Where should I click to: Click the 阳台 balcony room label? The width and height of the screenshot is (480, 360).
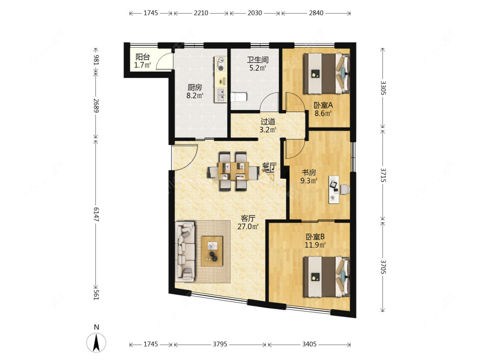click(x=143, y=57)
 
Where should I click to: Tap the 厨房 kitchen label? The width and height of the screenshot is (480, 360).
click(x=195, y=87)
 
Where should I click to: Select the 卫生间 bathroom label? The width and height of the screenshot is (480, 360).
click(x=258, y=60)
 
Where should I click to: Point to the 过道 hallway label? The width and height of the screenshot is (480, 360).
click(x=268, y=122)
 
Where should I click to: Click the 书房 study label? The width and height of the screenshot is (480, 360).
click(x=308, y=173)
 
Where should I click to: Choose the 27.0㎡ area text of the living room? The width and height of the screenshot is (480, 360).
click(x=248, y=226)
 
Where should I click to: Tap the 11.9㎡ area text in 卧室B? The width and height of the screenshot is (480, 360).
click(x=315, y=245)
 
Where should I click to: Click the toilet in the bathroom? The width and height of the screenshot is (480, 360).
click(x=239, y=97)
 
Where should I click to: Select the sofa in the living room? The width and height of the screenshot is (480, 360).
click(x=185, y=252)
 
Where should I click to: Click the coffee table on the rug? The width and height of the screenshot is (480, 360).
click(x=212, y=251)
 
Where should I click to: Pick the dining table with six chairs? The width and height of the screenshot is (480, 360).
click(x=233, y=171)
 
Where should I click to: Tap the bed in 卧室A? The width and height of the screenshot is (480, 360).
click(x=326, y=73)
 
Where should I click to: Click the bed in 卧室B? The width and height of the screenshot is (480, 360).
click(x=326, y=277)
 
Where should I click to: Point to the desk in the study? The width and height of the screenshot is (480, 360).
click(x=334, y=189)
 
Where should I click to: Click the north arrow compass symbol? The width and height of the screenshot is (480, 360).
click(x=96, y=342)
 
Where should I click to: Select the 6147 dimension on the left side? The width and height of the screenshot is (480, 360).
click(x=96, y=214)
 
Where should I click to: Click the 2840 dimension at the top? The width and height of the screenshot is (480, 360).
click(x=316, y=13)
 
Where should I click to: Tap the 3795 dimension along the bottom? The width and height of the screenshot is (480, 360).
click(x=220, y=344)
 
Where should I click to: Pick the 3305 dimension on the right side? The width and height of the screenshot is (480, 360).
click(x=383, y=87)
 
